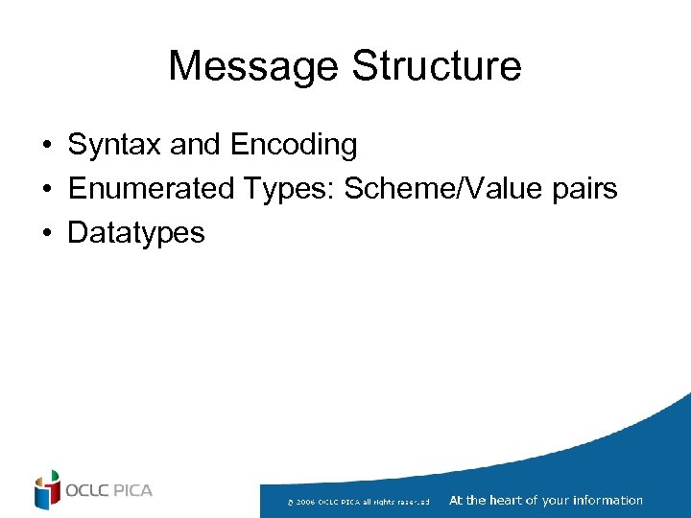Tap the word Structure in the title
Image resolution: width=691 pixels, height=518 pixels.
pyautogui.click(x=437, y=66)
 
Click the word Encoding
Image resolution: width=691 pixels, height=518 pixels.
pyautogui.click(x=293, y=146)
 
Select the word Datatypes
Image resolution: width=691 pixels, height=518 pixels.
pyautogui.click(x=136, y=233)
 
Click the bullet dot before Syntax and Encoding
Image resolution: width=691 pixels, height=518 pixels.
pyautogui.click(x=46, y=147)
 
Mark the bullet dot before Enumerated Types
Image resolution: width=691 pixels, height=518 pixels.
pyautogui.click(x=46, y=190)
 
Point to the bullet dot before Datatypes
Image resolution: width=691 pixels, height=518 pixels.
pyautogui.click(x=46, y=233)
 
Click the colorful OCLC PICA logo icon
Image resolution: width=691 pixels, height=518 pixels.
pyautogui.click(x=47, y=490)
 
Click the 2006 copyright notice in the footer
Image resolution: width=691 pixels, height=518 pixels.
pyautogui.click(x=358, y=502)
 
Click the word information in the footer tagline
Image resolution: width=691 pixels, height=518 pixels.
pyautogui.click(x=607, y=500)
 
